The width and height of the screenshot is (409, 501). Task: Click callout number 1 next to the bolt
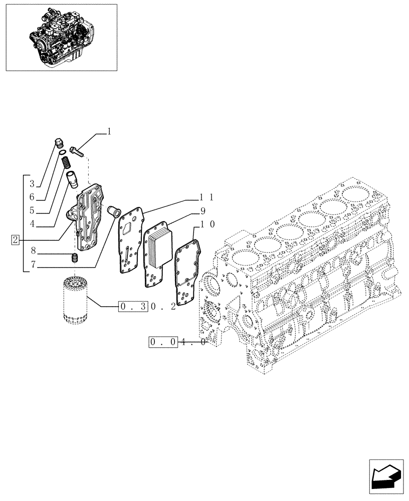(x=109, y=132)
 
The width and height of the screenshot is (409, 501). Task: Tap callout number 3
(x=32, y=183)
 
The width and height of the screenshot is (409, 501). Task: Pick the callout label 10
(x=208, y=224)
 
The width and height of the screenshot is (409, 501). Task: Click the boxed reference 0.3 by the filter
(x=133, y=306)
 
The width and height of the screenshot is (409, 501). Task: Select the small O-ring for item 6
(x=61, y=153)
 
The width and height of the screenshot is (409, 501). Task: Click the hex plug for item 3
(x=58, y=144)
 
